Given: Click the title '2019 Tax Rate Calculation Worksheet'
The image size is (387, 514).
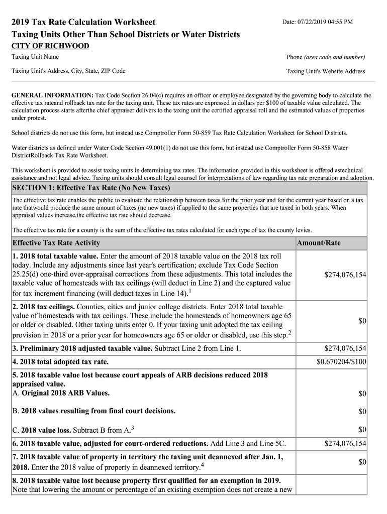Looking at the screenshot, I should click(83, 22).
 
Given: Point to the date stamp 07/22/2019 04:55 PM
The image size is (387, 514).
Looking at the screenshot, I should click(317, 22).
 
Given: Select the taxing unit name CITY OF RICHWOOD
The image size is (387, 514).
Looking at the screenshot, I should click(50, 46).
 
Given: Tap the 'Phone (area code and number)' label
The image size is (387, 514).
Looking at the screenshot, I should click(325, 57).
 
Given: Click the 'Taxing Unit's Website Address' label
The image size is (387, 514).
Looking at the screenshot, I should click(325, 71).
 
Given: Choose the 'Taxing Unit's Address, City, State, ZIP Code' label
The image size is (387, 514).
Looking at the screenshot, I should click(68, 71).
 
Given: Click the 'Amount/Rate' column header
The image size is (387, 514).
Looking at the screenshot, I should click(319, 243).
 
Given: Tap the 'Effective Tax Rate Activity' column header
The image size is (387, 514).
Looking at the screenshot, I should click(56, 243).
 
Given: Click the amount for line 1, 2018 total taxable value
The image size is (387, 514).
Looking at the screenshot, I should click(345, 275).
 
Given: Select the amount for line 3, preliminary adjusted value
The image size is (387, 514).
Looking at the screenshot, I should click(345, 348).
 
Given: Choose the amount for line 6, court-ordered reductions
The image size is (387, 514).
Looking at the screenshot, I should click(345, 443).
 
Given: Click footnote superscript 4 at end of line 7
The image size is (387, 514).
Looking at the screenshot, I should click(202, 465).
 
